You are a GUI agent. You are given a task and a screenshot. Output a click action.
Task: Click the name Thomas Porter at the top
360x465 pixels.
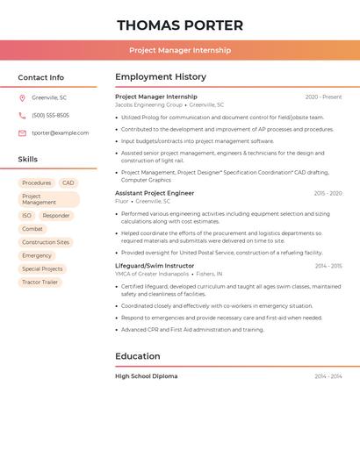tap(180, 25)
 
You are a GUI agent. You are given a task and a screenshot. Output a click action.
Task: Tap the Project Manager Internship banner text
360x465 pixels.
tap(180, 50)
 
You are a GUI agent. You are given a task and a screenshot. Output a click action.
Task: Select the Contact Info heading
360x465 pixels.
tap(41, 77)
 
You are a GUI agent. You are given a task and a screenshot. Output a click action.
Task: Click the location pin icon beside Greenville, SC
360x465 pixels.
tap(22, 98)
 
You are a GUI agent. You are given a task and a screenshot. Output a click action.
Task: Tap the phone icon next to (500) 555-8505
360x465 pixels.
tap(22, 116)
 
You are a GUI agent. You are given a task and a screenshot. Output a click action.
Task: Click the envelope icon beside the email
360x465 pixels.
tap(22, 133)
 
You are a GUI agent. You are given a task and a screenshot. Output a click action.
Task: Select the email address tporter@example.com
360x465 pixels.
tap(61, 133)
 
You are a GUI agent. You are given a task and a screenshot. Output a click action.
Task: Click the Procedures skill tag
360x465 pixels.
tap(37, 183)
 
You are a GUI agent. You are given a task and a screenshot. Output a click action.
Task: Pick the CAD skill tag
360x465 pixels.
tap(68, 183)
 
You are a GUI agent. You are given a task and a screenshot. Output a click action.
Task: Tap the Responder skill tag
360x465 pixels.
tap(56, 215)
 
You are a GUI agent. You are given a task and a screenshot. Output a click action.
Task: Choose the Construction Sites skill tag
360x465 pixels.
tap(46, 242)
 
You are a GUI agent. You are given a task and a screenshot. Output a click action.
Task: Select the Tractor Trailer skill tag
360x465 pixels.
tap(40, 283)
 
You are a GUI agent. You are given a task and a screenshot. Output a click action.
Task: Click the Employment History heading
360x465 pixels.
tap(161, 77)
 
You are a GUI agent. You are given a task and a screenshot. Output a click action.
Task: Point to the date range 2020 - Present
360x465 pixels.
tap(323, 97)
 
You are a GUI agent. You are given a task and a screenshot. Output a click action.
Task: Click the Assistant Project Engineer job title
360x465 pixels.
tap(155, 192)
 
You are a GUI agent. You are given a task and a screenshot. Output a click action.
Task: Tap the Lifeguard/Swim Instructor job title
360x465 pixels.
tap(155, 265)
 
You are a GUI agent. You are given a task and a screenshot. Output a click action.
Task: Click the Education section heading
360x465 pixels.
tap(138, 356)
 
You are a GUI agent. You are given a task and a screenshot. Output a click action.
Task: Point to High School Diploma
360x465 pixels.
tap(146, 376)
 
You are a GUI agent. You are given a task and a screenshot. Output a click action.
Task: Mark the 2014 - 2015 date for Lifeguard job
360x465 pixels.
tap(328, 265)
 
